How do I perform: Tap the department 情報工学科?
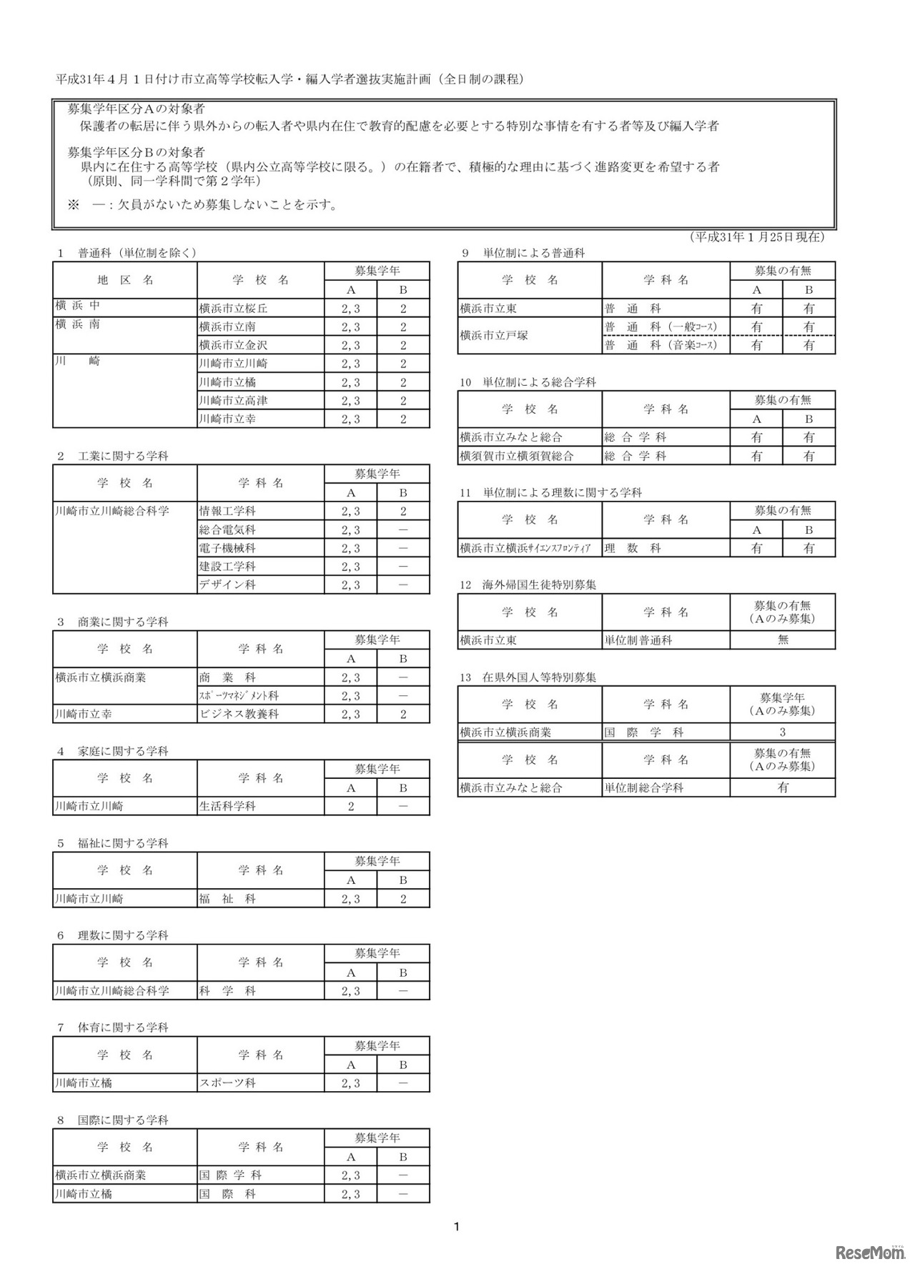pyautogui.click(x=227, y=512)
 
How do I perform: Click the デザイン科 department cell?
pyautogui.click(x=227, y=584)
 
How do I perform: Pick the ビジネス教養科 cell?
pyautogui.click(x=239, y=714)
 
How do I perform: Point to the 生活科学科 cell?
pyautogui.click(x=227, y=806)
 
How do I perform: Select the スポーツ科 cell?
pyautogui.click(x=227, y=1083)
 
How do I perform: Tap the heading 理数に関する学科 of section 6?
pyautogui.click(x=123, y=935)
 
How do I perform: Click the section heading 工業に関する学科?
pyautogui.click(x=123, y=456)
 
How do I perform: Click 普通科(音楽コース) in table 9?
pyautogui.click(x=661, y=345)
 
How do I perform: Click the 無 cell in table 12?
pyautogui.click(x=783, y=640)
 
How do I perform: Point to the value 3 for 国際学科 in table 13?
pyautogui.click(x=783, y=732)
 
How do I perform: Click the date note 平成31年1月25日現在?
pyautogui.click(x=757, y=237)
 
